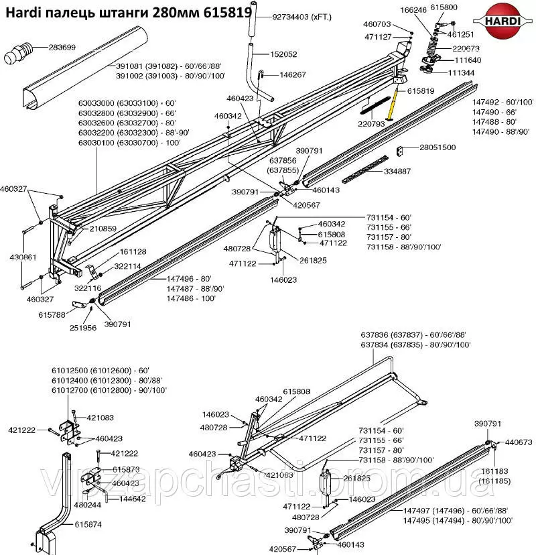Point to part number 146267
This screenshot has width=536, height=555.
pos(292,75)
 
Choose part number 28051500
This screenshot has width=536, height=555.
pos(438,147)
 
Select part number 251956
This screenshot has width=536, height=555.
pos(84,328)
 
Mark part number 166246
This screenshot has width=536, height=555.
pos(413,10)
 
